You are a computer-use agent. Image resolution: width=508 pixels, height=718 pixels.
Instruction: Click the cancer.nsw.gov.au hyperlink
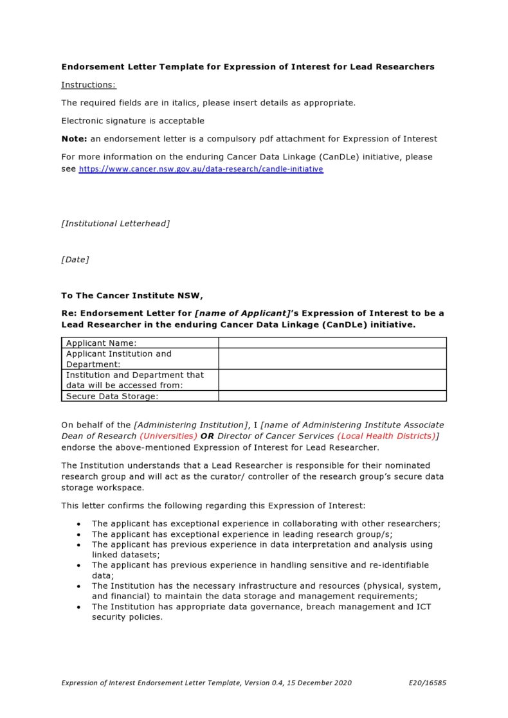pyautogui.click(x=201, y=169)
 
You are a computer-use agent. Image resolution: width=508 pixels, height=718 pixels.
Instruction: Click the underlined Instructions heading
pyautogui.click(x=89, y=85)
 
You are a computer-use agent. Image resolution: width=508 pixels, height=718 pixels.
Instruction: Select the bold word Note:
pyautogui.click(x=74, y=139)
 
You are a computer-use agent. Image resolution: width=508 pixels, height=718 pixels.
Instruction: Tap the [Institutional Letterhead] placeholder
pyautogui.click(x=116, y=224)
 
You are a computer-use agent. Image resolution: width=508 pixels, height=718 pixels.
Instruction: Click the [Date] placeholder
pyautogui.click(x=75, y=260)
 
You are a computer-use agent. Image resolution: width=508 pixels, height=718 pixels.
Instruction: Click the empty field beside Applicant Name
pyautogui.click(x=332, y=343)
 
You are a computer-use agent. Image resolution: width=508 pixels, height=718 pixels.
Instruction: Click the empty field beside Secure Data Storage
pyautogui.click(x=332, y=397)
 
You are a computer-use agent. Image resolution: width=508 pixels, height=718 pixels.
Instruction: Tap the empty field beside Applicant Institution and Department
pyautogui.click(x=332, y=359)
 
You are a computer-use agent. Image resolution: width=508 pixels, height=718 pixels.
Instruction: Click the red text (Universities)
pyautogui.click(x=168, y=436)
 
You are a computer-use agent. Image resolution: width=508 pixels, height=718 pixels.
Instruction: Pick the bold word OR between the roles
pyautogui.click(x=208, y=436)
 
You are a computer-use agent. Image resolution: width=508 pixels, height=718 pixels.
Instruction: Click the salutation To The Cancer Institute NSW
pyautogui.click(x=132, y=296)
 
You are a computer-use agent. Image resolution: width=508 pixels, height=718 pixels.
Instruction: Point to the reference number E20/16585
pyautogui.click(x=427, y=683)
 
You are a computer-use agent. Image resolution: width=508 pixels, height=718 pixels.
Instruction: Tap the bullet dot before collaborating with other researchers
pyautogui.click(x=78, y=524)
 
